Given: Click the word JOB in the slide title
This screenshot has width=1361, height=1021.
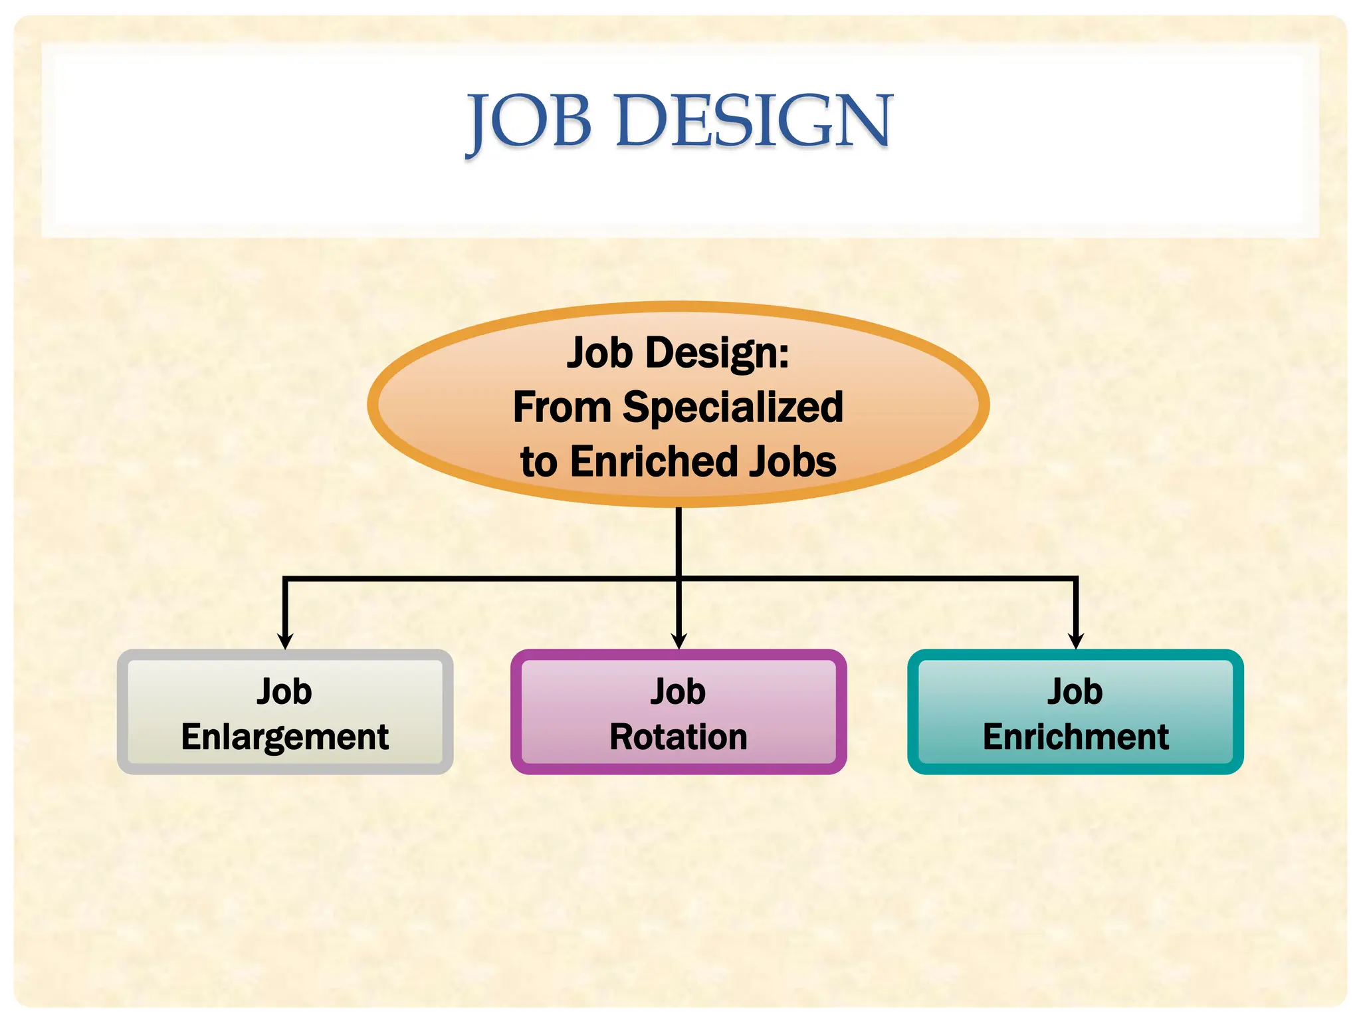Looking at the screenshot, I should point(529,121).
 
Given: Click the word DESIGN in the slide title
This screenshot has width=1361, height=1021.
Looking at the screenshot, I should point(754,121).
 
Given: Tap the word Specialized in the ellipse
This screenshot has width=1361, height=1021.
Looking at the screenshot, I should point(732,407).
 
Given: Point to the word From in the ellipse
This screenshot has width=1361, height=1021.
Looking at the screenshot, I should point(562,407).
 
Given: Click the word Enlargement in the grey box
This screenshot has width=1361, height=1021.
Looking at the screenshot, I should point(284,737).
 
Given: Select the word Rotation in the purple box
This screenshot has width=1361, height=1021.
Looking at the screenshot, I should point(679,737).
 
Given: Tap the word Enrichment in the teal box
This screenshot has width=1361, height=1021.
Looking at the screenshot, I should point(1075,737).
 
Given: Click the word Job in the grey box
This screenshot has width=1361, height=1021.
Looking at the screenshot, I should point(284,691).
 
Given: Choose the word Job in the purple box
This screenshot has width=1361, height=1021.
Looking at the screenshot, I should point(678,691).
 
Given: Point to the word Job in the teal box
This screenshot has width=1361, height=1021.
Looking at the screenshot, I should point(1075,691).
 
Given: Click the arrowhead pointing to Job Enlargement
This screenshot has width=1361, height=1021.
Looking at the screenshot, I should point(285,641).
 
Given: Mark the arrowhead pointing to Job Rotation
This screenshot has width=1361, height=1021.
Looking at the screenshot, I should point(679,641).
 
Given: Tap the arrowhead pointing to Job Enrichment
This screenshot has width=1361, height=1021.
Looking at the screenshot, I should point(1076,641).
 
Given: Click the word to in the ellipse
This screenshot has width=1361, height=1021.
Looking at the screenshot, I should point(538,461).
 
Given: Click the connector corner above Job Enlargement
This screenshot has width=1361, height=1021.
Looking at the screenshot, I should point(285,579).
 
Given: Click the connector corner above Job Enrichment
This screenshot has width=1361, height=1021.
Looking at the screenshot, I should point(1076,579).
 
